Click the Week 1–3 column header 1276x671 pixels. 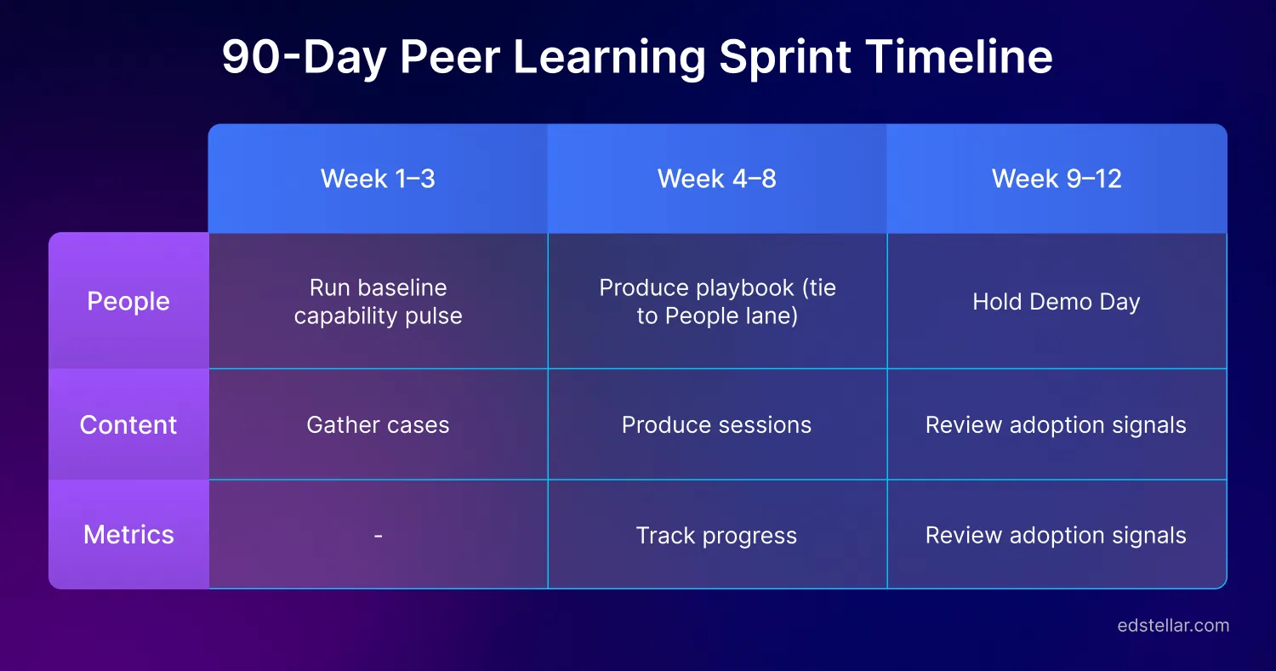pyautogui.click(x=378, y=179)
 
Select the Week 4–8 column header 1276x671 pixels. pyautogui.click(x=716, y=179)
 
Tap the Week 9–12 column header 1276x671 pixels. pyautogui.click(x=1057, y=179)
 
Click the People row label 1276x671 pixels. pyautogui.click(x=128, y=301)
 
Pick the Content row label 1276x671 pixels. pyautogui.click(x=128, y=424)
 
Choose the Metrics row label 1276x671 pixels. pyautogui.click(x=128, y=534)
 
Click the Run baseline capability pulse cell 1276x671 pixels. pyautogui.click(x=378, y=302)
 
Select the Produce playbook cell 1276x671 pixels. pyautogui.click(x=717, y=302)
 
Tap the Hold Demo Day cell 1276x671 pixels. pyautogui.click(x=1056, y=302)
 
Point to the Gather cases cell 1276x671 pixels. pyautogui.click(x=378, y=425)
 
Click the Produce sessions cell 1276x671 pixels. pyautogui.click(x=716, y=425)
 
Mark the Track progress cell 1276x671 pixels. pyautogui.click(x=716, y=536)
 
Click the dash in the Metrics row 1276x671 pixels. pyautogui.click(x=378, y=536)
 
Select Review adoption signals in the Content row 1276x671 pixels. pyautogui.click(x=1056, y=425)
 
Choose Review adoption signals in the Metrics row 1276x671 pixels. pyautogui.click(x=1056, y=536)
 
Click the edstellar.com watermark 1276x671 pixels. pyautogui.click(x=1173, y=626)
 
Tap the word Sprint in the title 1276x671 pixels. pyautogui.click(x=784, y=58)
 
